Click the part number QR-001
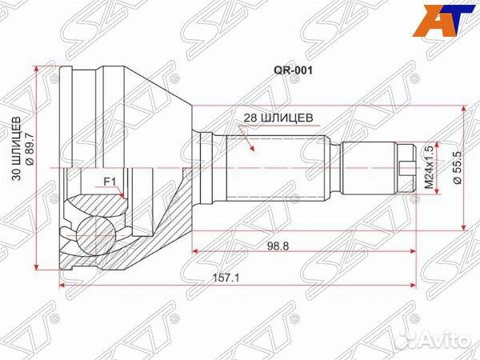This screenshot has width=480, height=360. pos(293,69)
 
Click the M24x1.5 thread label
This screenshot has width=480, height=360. pos(429,167)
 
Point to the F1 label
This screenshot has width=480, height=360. pos(110,181)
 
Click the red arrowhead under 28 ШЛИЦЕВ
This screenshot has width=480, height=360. pos(254,149)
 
